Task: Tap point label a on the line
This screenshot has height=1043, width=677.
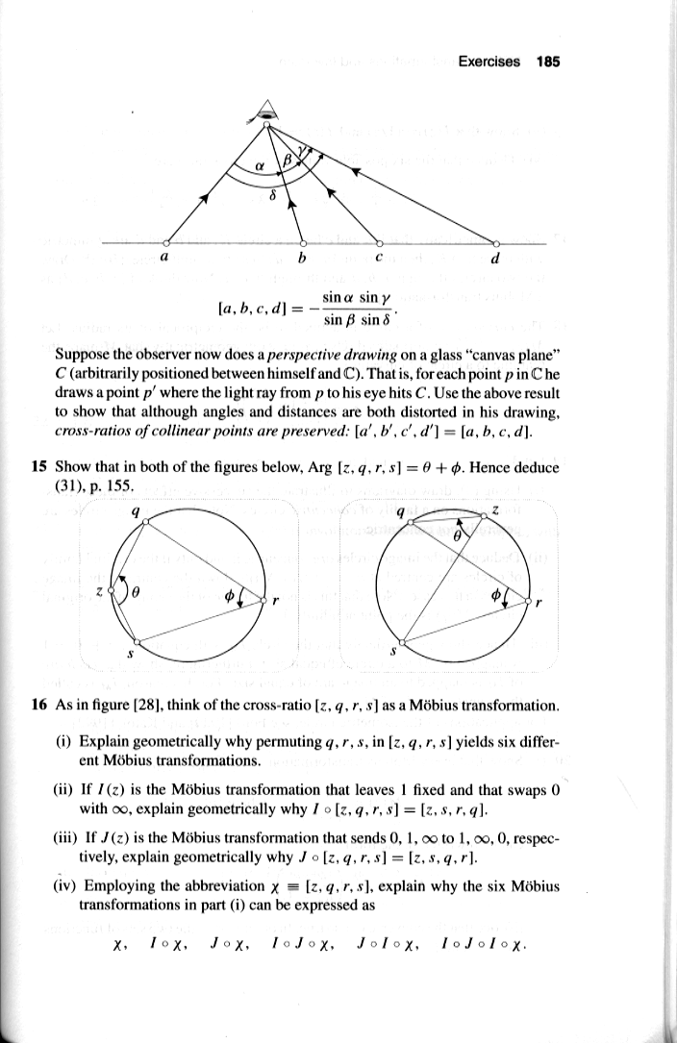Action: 163,258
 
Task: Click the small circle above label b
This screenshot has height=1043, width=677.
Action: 304,242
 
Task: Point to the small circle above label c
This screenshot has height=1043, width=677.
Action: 378,242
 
